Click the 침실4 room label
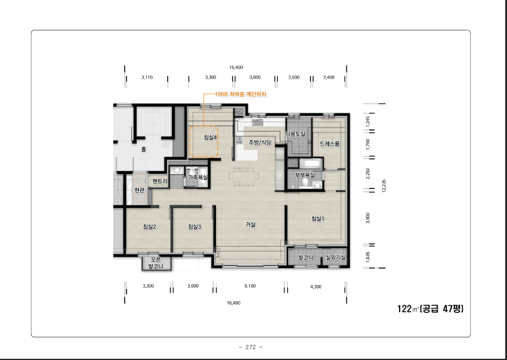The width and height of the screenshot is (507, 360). tap(210, 137)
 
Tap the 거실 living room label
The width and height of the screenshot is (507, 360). tap(251, 225)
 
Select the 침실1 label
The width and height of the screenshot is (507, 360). tap(317, 219)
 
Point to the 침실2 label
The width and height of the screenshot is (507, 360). tap(149, 226)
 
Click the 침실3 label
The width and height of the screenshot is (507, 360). tap(194, 226)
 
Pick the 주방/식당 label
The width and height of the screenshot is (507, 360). tap(259, 142)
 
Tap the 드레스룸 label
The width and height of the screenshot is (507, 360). tap(330, 144)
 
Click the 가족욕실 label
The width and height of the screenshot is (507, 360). tap(198, 177)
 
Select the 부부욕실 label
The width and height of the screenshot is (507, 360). tap(305, 175)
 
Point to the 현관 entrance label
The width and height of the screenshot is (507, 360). tap(139, 190)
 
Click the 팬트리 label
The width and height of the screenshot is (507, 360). tap(160, 181)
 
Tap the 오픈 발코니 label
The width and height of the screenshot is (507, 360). tap(156, 263)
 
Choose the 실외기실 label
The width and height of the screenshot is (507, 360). tap(335, 257)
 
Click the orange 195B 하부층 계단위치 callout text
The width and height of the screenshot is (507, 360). tap(240, 94)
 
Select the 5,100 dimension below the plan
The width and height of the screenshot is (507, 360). tap(250, 286)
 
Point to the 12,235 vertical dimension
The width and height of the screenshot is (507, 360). tap(384, 186)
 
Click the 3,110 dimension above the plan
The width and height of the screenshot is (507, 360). tap(147, 77)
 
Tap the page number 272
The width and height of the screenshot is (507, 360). tap(251, 347)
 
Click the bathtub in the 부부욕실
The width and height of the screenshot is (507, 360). tap(311, 163)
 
